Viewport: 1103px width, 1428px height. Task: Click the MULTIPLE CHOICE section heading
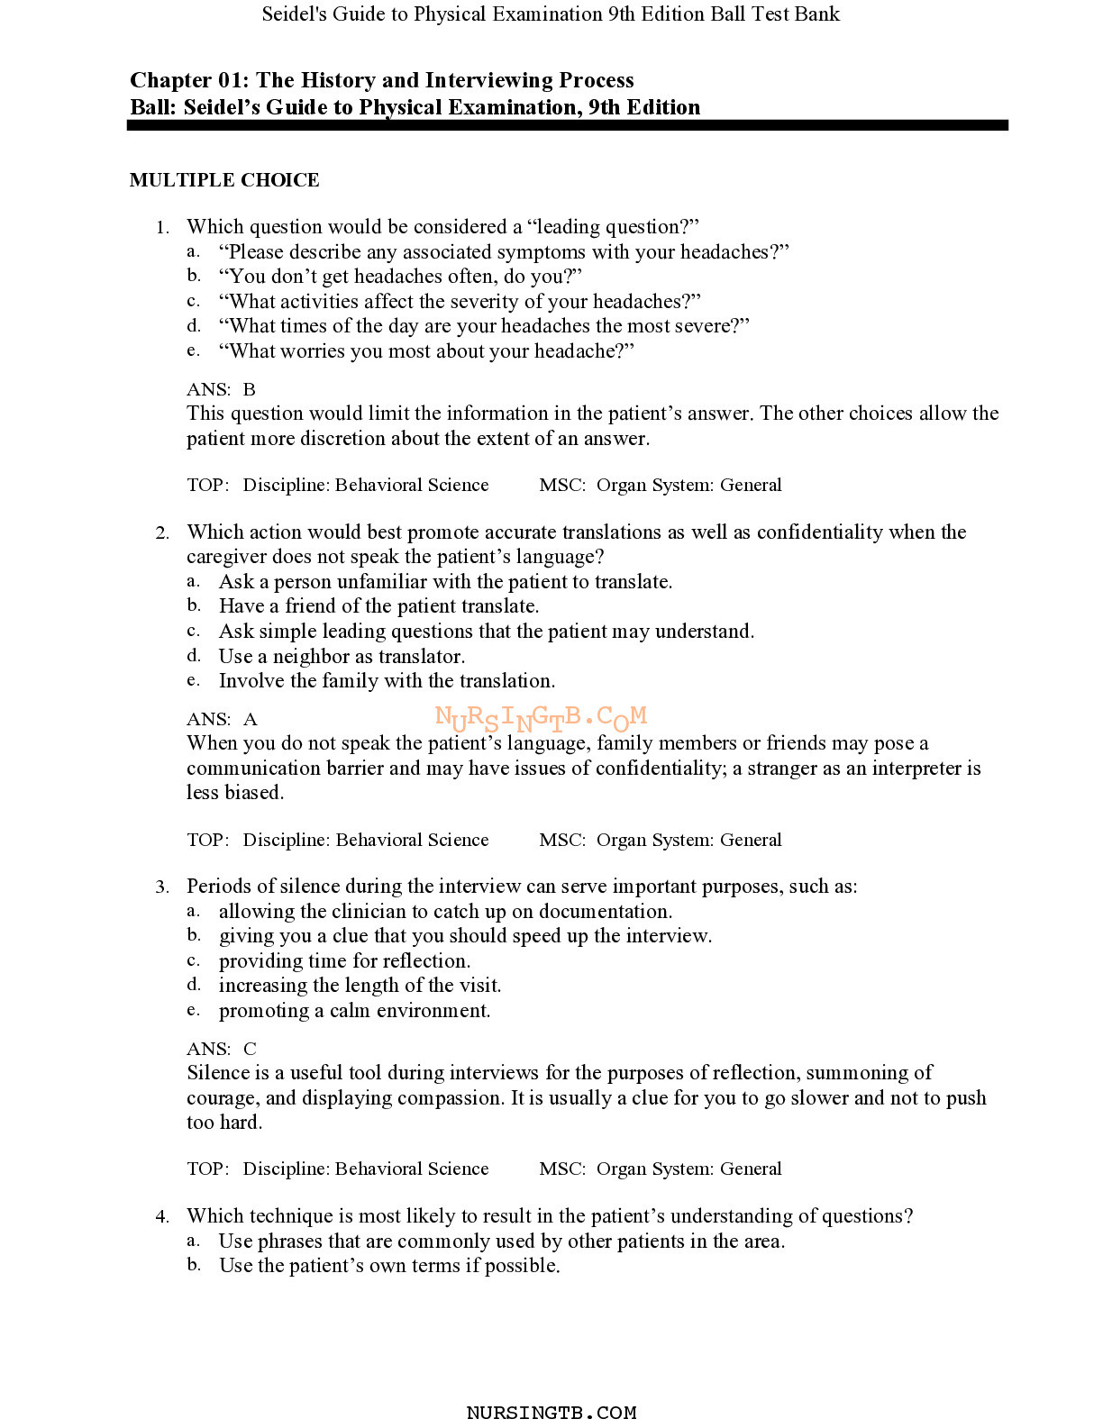(x=224, y=180)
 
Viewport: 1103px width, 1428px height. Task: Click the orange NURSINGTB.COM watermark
(x=541, y=718)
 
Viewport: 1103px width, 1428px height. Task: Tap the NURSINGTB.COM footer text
(x=551, y=1413)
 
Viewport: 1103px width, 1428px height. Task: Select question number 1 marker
(x=162, y=227)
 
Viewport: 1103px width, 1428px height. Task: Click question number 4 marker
(x=162, y=1217)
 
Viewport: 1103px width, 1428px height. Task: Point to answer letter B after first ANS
(x=250, y=389)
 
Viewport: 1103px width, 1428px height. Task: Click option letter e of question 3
(x=193, y=1010)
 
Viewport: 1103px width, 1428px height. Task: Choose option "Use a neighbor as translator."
(x=342, y=656)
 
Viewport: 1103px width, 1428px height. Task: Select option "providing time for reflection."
(x=344, y=960)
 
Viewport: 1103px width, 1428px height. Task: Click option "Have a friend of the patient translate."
(x=378, y=605)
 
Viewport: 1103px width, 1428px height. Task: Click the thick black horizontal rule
(x=567, y=126)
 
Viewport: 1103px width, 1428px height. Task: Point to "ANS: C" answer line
(x=222, y=1049)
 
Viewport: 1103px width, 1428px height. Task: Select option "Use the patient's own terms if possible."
(x=389, y=1265)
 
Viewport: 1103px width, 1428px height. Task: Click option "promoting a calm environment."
(x=354, y=1010)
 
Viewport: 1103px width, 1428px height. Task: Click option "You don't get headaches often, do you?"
(x=400, y=276)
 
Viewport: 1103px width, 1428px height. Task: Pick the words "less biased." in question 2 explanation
(x=235, y=793)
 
